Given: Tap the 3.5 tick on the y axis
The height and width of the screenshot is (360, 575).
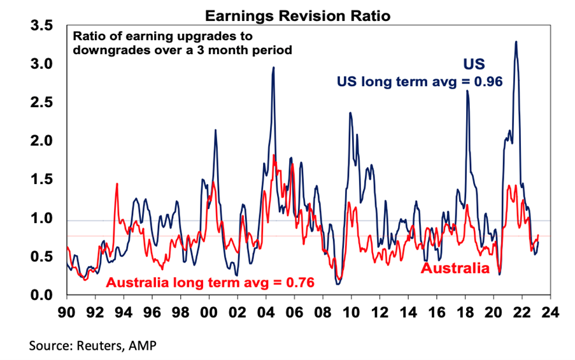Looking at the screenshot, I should pyautogui.click(x=41, y=27).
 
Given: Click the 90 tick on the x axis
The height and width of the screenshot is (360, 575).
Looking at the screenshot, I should pyautogui.click(x=66, y=312).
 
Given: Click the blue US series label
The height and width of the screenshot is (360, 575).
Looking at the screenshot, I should pyautogui.click(x=473, y=64).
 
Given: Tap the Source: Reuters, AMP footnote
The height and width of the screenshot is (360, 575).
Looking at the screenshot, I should pyautogui.click(x=92, y=346).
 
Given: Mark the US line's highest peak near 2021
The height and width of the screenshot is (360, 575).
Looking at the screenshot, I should pyautogui.click(x=515, y=42).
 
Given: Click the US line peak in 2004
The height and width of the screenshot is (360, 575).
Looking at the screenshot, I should pyautogui.click(x=273, y=68).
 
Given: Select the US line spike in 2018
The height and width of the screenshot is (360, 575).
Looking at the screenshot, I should pyautogui.click(x=467, y=91).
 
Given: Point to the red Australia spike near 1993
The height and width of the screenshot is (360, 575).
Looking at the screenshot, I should pyautogui.click(x=117, y=184).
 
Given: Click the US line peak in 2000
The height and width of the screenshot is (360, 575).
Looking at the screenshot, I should pyautogui.click(x=215, y=131).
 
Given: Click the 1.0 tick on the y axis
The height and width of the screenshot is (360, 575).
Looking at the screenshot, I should pyautogui.click(x=41, y=219).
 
